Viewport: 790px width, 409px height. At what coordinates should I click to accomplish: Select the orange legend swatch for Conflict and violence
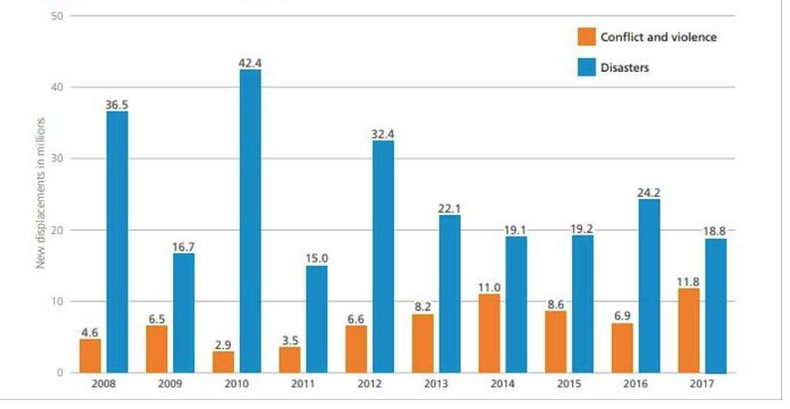click(x=585, y=38)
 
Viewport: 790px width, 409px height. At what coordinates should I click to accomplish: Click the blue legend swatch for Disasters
click(x=585, y=69)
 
